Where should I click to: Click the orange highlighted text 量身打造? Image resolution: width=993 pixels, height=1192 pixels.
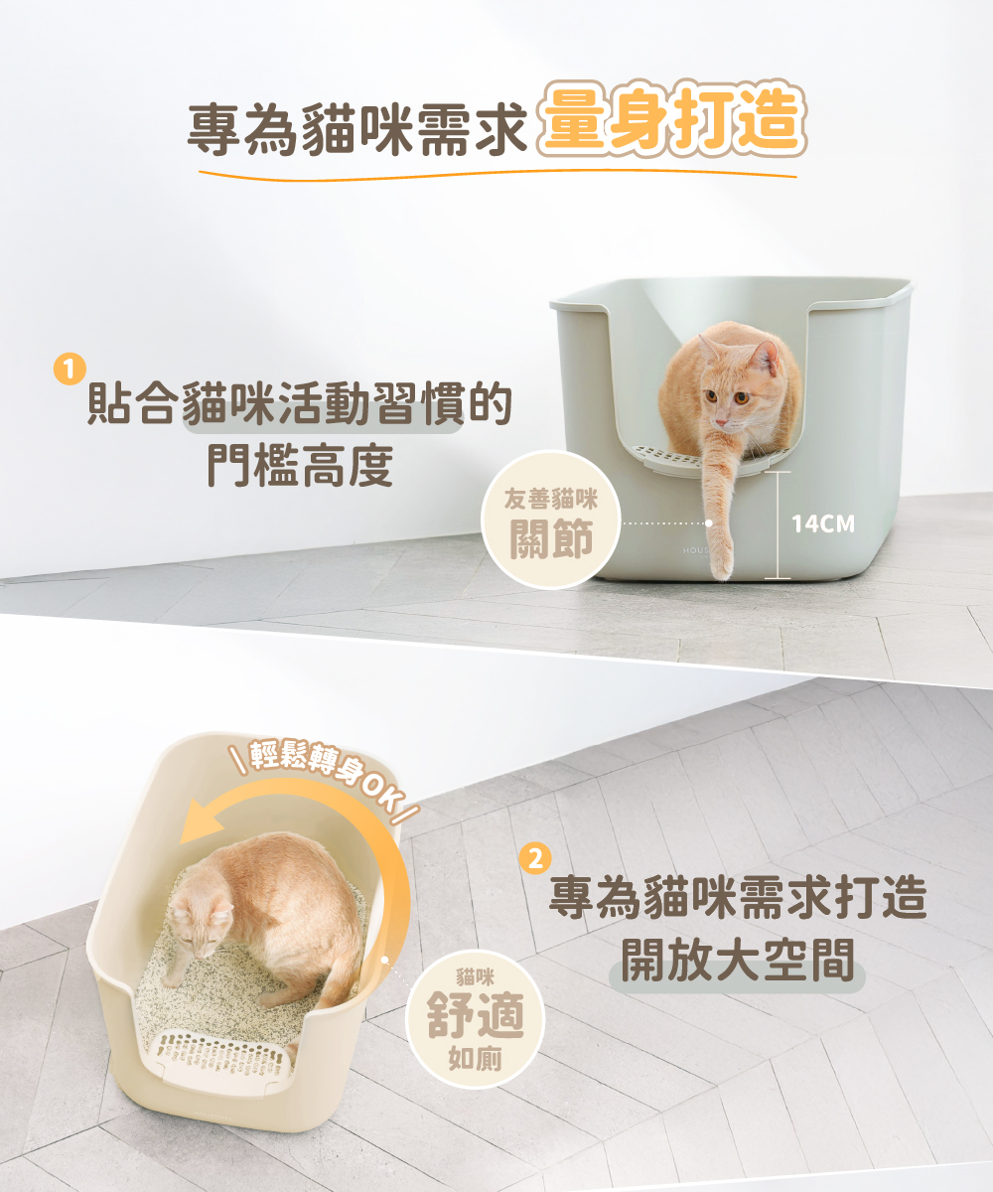click(671, 118)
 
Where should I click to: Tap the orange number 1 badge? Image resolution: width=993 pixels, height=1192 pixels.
click(70, 370)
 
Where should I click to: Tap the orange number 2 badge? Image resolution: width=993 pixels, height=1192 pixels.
click(535, 858)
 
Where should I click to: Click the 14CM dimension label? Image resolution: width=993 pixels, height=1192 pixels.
click(823, 523)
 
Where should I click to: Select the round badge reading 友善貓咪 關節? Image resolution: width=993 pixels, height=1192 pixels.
click(550, 520)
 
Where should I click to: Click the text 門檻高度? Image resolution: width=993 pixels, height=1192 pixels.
click(300, 466)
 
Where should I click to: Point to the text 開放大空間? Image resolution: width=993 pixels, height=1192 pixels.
click(738, 961)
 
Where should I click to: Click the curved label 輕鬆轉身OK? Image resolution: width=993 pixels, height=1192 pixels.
click(326, 772)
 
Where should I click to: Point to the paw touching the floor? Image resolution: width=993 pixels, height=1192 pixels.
click(721, 564)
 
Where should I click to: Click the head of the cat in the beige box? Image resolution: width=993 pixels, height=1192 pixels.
click(200, 925)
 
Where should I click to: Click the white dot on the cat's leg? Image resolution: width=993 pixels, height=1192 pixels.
click(708, 522)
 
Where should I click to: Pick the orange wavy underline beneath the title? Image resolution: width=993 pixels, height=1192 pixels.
click(497, 175)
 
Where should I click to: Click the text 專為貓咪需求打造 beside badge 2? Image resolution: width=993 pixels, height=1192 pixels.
click(738, 898)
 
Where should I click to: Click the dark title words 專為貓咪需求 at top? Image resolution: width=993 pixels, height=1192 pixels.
click(357, 128)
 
